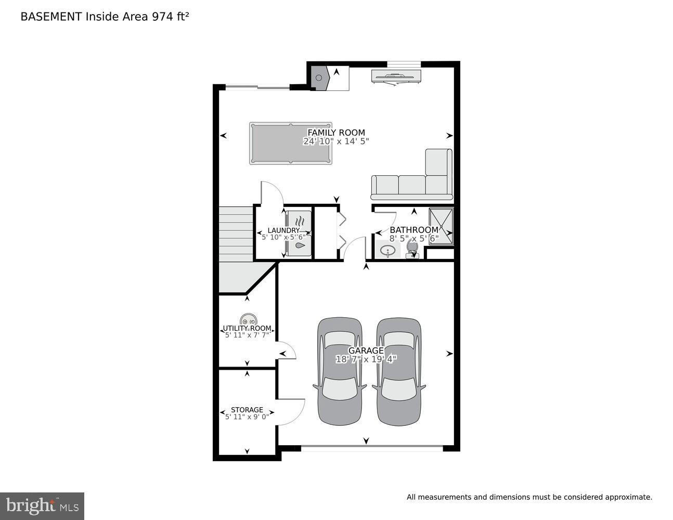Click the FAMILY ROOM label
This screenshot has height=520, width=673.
[336, 133]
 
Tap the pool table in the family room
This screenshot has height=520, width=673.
[290, 144]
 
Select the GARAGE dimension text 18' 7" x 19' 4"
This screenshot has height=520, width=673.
[366, 359]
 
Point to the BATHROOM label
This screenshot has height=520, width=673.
[414, 230]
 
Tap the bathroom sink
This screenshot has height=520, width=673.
[387, 252]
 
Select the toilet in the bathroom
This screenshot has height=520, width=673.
[412, 250]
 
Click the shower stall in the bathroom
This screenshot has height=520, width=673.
[441, 226]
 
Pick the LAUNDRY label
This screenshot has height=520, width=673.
[283, 230]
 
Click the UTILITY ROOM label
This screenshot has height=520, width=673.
[247, 329]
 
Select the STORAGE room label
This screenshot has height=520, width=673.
[247, 410]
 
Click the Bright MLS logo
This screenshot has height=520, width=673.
[42, 505]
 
